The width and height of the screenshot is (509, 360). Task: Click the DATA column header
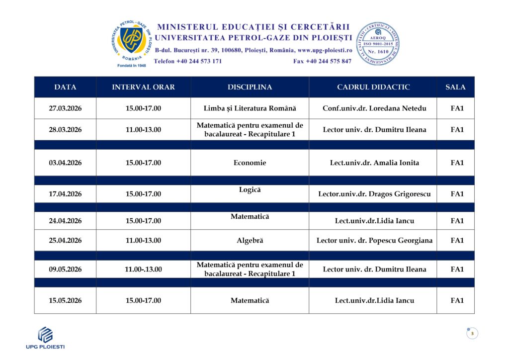tap(65, 87)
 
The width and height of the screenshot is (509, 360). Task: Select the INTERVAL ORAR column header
tap(143, 87)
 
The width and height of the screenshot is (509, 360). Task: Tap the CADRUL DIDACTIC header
tap(373, 87)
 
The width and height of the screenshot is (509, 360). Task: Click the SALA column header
tap(455, 87)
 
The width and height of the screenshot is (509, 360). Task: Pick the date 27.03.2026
tap(65, 108)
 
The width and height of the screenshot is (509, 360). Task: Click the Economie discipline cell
tap(250, 163)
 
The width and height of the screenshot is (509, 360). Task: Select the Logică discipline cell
tap(250, 190)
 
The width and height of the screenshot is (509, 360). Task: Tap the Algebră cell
tap(250, 241)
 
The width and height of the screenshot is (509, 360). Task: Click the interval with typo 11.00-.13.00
tap(143, 270)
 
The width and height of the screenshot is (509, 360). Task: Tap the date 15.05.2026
tap(65, 300)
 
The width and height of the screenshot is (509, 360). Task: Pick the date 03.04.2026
tap(65, 163)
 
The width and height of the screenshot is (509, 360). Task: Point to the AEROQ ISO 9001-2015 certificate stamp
tap(378, 44)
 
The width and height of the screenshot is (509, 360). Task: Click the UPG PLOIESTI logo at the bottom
tap(45, 338)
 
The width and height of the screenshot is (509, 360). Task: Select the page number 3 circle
tap(472, 333)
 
